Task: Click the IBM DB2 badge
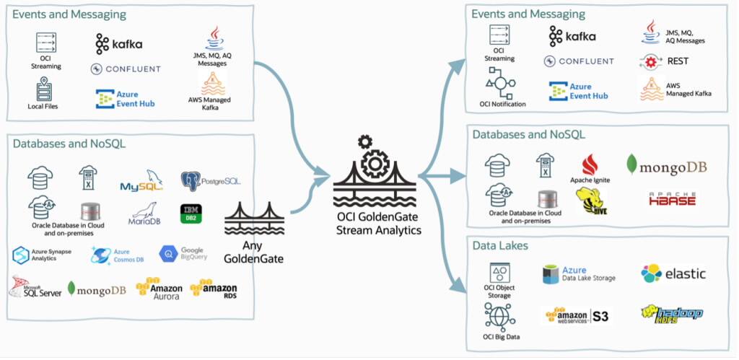(x=191, y=213)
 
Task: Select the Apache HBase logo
(x=672, y=199)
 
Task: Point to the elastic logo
(x=673, y=273)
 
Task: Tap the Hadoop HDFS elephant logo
(x=670, y=313)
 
